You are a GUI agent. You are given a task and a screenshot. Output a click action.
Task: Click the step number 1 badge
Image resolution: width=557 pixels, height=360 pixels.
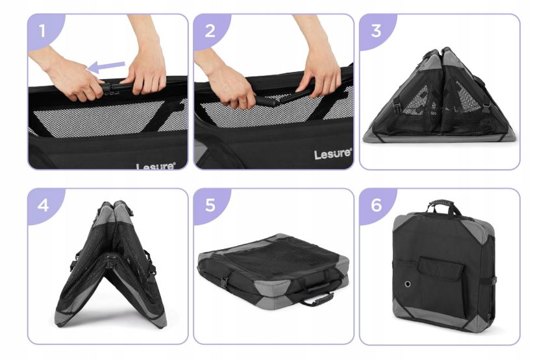point(43,31)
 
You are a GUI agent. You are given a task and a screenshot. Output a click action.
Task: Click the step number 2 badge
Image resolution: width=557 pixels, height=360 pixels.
point(210,31)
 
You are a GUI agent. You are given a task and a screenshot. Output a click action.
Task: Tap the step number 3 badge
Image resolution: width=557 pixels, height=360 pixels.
point(376,31)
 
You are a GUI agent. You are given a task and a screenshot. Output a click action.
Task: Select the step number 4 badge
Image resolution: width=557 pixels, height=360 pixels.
point(43,205)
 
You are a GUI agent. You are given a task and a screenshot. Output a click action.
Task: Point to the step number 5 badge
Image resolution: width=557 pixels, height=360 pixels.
point(210,205)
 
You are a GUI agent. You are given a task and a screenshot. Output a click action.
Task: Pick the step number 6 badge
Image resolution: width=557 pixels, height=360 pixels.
point(376,205)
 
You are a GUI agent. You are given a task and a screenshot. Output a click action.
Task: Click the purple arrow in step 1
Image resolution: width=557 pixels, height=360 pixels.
point(106,66)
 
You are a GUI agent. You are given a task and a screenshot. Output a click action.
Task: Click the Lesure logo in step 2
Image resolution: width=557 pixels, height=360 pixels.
point(333,154)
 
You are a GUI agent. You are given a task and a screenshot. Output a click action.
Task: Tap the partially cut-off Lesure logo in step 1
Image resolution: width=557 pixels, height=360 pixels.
point(156,166)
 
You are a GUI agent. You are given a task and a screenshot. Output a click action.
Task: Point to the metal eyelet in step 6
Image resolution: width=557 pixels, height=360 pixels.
point(408,283)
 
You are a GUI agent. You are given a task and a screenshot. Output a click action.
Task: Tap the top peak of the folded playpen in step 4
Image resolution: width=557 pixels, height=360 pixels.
point(114,204)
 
